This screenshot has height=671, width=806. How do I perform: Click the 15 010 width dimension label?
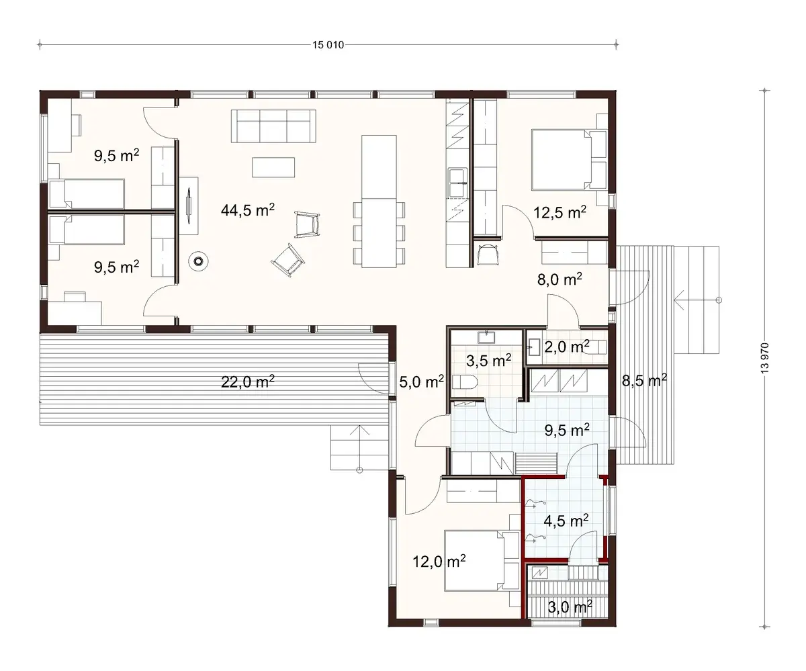(328, 46)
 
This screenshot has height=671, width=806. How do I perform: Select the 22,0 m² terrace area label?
(248, 382)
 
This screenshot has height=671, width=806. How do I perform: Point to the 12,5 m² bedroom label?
(559, 213)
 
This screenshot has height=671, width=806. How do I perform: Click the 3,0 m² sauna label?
(570, 607)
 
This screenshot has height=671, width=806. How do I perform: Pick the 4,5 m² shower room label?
(566, 521)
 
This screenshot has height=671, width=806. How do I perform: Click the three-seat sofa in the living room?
(273, 126)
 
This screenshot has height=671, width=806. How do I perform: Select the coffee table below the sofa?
(273, 166)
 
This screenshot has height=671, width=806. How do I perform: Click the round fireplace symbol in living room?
(199, 261)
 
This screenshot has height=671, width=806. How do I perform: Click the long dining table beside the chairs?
(379, 201)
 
